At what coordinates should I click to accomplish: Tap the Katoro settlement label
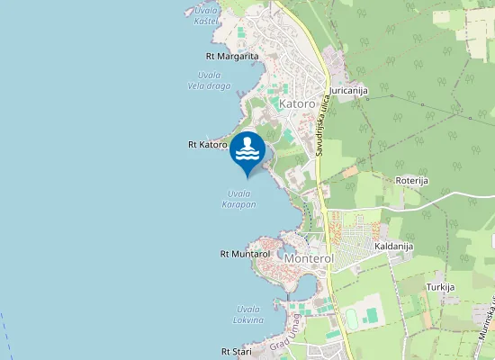297,104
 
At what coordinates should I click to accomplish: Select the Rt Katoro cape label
207,144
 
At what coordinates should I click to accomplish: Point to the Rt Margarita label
232,56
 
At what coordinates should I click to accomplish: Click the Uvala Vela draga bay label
209,80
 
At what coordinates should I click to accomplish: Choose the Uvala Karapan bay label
239,199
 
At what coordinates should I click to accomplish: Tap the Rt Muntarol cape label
245,255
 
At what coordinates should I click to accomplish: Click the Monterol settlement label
309,258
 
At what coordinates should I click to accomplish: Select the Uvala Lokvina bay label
247,314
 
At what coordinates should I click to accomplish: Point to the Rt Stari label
237,351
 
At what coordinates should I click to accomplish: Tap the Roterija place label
412,180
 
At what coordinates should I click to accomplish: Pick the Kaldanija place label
393,245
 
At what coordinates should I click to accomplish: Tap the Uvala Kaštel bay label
206,14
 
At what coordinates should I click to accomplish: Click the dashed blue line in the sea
4,334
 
